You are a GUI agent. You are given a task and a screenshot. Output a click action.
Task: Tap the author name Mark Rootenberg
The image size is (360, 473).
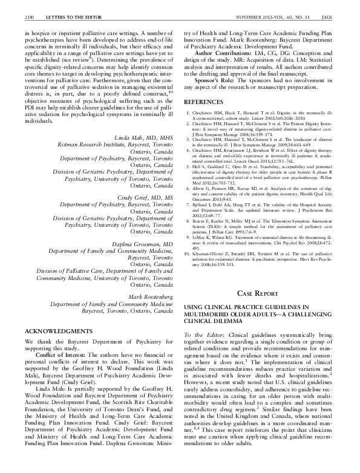(149, 296)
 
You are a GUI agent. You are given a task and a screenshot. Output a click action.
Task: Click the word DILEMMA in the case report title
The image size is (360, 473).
(222, 323)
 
